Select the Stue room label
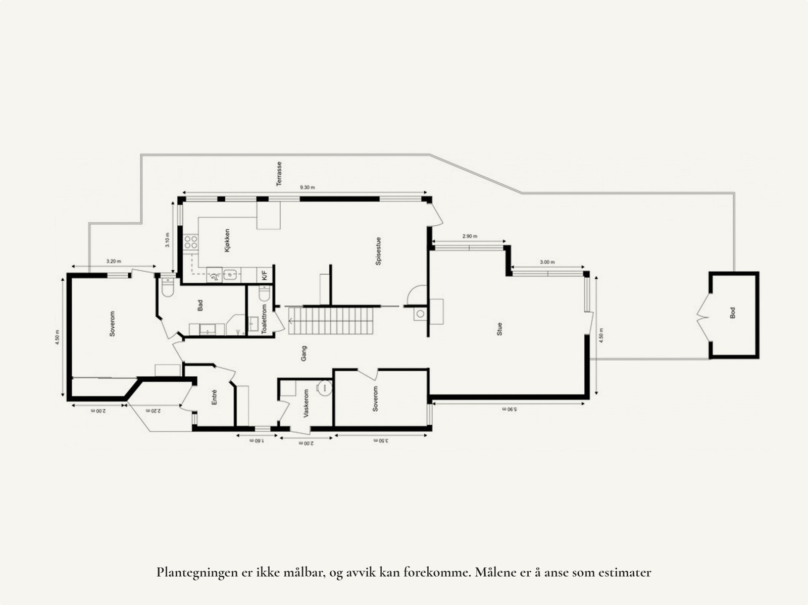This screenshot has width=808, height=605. tap(500, 330)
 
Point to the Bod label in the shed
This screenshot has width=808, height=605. tap(733, 313)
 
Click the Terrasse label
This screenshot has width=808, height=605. tap(279, 174)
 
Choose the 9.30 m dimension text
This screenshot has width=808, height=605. tap(307, 187)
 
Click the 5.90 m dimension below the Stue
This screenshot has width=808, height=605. tap(510, 409)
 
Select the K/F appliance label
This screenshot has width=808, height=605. tap(264, 275)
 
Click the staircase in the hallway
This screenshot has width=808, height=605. tap(331, 321)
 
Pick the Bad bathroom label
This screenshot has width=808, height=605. tap(200, 305)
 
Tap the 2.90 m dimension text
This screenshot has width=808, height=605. tap(470, 236)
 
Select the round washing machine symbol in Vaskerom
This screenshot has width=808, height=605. tap(325, 388)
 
